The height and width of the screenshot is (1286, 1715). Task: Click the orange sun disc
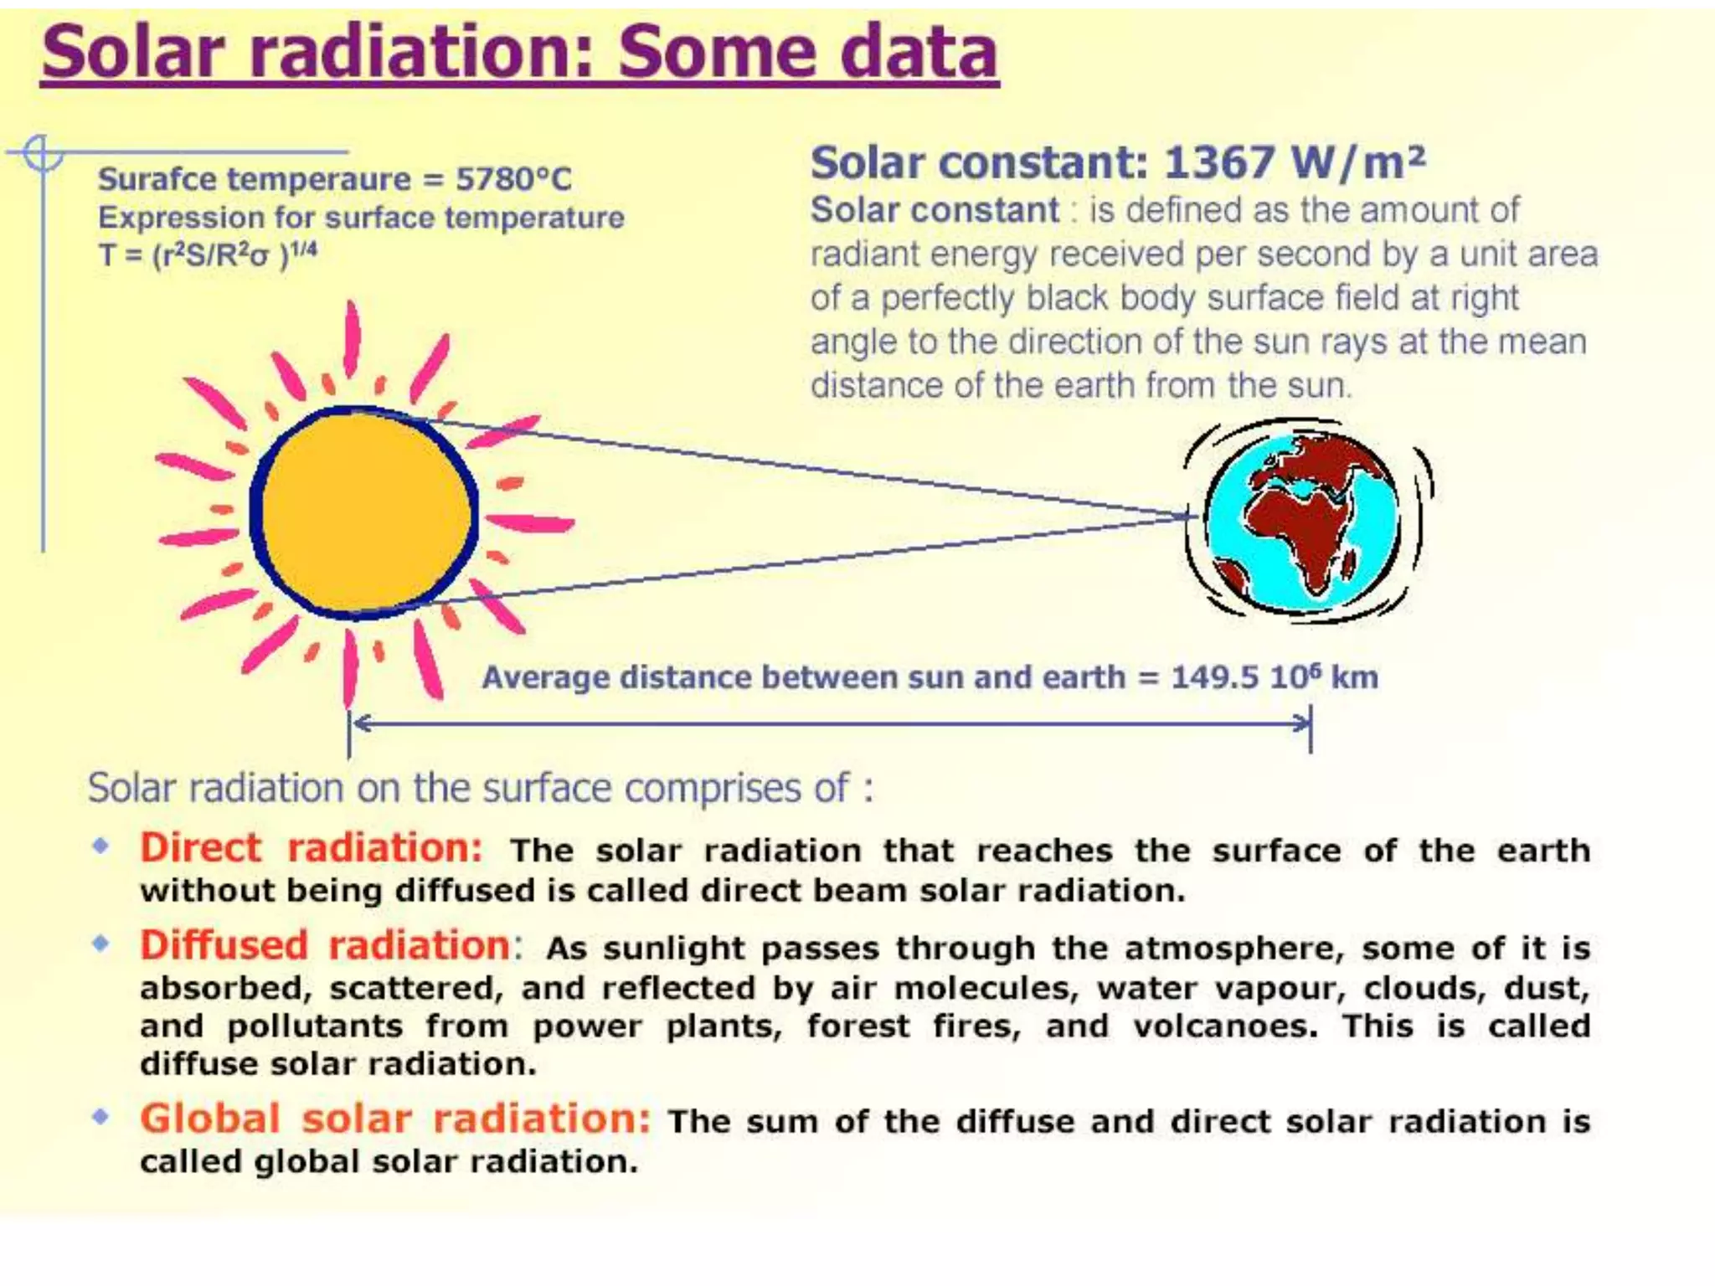365,512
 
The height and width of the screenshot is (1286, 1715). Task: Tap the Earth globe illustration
1303,521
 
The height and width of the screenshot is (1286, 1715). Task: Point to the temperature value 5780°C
513,179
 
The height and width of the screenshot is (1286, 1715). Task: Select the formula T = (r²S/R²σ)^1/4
208,255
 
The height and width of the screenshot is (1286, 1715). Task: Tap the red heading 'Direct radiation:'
311,847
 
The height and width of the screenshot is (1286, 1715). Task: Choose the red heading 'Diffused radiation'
325,945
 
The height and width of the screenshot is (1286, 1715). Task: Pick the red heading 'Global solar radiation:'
394,1119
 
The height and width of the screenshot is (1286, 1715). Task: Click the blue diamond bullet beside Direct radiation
100,846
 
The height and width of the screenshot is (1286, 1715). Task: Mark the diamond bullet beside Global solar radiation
100,1116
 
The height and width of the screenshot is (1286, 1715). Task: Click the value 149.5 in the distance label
1213,677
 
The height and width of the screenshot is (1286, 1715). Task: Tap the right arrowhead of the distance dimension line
1302,723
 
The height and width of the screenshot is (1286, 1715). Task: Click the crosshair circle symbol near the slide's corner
42,153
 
